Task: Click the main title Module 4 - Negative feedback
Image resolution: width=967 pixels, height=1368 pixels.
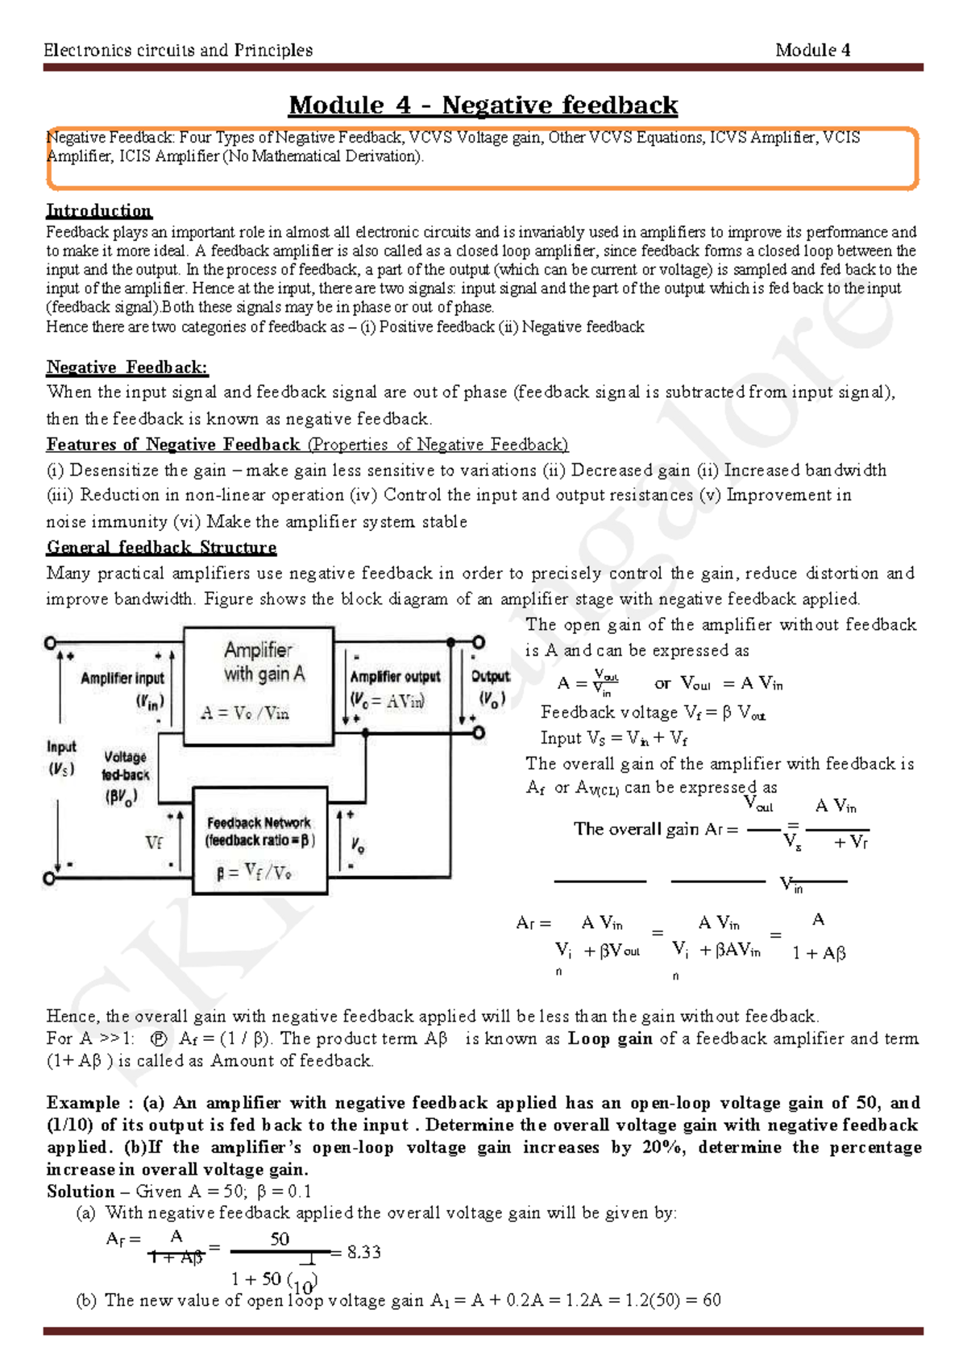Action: tap(483, 106)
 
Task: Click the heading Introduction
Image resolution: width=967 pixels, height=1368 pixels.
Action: tap(98, 211)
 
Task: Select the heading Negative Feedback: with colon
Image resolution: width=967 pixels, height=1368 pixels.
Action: tap(127, 367)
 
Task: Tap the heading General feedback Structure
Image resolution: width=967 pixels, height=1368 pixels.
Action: tap(161, 548)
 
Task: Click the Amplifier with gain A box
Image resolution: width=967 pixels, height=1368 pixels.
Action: tap(259, 685)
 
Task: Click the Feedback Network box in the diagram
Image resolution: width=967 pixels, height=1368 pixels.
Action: tap(259, 841)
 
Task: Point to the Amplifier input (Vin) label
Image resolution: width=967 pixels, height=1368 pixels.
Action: tap(122, 689)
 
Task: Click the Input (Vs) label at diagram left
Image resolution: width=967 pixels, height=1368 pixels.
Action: tap(61, 757)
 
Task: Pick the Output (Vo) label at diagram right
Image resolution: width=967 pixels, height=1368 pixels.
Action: tap(490, 686)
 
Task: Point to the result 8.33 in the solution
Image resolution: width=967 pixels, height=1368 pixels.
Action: tap(363, 1252)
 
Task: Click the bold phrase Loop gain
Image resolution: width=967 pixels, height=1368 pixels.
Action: tap(610, 1038)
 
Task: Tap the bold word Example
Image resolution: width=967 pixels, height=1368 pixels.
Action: tap(83, 1103)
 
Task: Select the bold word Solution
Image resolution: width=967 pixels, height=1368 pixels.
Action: tap(81, 1192)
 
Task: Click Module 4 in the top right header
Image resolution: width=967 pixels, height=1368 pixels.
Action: tap(812, 50)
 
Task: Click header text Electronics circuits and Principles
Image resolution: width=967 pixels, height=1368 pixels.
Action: tap(178, 50)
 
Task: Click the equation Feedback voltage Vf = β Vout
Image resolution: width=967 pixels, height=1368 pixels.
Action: tap(653, 712)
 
